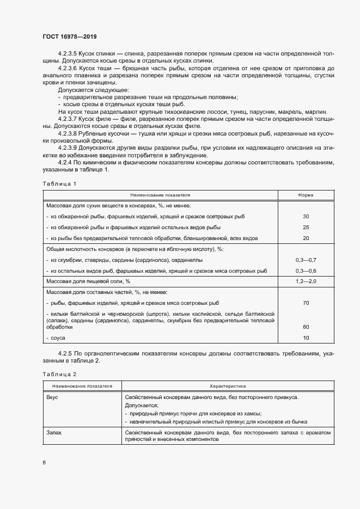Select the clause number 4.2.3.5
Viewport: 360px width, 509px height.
(x=68, y=54)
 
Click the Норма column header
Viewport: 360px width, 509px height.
(x=306, y=195)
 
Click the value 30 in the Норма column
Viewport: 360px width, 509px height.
(x=306, y=216)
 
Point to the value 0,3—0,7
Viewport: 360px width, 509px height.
(x=306, y=260)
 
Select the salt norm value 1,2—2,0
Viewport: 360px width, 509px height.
(x=306, y=281)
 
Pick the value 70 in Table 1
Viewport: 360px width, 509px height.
(x=306, y=303)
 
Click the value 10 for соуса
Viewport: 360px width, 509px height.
(x=306, y=338)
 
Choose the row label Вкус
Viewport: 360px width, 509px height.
(x=53, y=397)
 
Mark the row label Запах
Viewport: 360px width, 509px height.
(x=54, y=432)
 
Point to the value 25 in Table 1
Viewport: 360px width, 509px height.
(x=306, y=227)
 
